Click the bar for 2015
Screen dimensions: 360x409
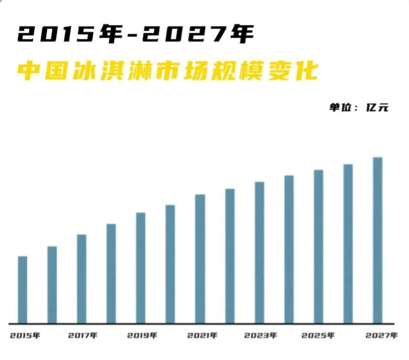pos(23,290)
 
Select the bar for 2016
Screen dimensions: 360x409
pos(52,285)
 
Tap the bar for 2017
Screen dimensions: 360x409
pos(81,279)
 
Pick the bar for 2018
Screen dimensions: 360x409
pos(111,274)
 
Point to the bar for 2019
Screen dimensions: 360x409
pos(141,268)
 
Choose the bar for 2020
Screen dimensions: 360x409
pos(170,264)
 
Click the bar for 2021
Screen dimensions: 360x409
pos(200,259)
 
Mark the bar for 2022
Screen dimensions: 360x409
pos(230,256)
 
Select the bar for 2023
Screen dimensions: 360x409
pos(259,252)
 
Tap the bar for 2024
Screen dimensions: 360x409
pos(289,249)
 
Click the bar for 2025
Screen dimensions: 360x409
pos(318,246)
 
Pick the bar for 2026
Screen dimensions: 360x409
pos(348,244)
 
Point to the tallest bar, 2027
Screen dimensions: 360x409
pos(377,240)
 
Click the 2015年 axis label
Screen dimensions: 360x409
pos(25,336)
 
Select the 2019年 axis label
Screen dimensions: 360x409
pos(142,336)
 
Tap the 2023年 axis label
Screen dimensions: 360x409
pos(260,336)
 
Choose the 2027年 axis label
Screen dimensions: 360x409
pos(381,336)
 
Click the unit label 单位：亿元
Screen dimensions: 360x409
pos(358,107)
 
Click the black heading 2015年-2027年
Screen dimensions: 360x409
pos(135,36)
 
